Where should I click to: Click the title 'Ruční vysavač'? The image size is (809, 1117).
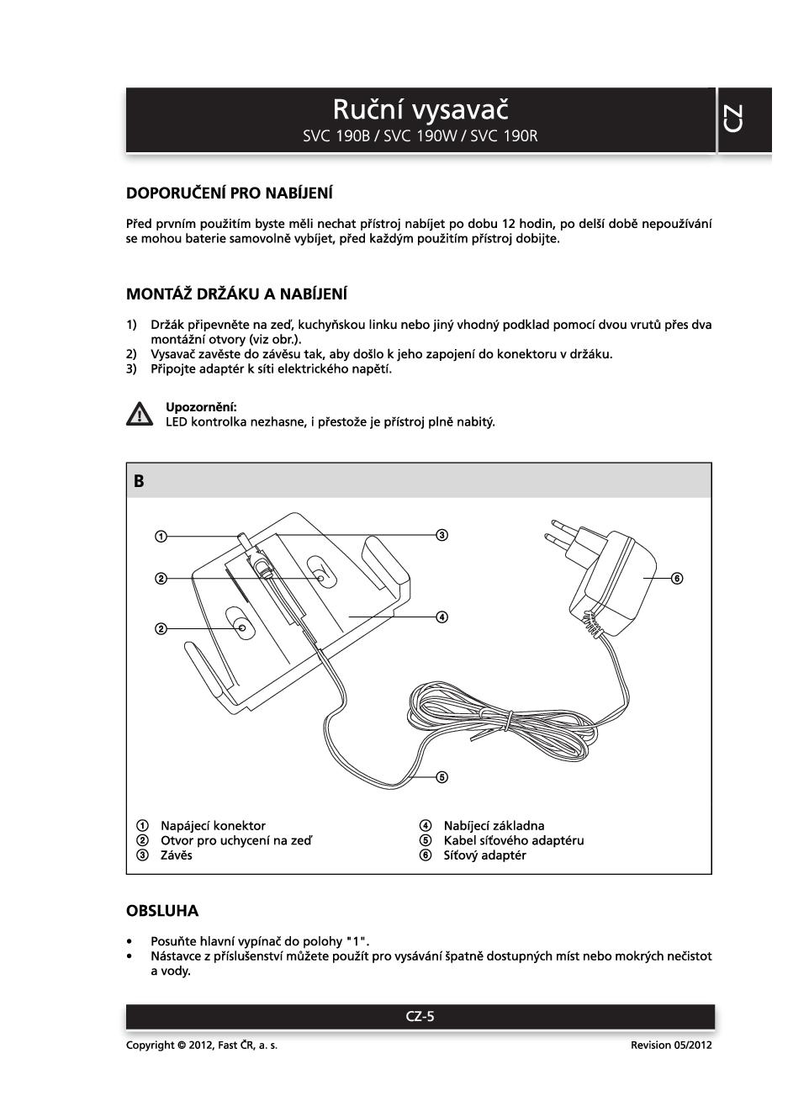pyautogui.click(x=420, y=109)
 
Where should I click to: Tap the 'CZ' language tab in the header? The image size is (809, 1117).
pyautogui.click(x=733, y=119)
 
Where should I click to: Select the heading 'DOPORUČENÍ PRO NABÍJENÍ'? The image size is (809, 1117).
pyautogui.click(x=229, y=193)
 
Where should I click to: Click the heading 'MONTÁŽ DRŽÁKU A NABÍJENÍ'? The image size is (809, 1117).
pyautogui.click(x=236, y=294)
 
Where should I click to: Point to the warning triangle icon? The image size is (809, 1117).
pyautogui.click(x=139, y=414)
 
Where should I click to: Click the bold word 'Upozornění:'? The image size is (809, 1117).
pyautogui.click(x=201, y=407)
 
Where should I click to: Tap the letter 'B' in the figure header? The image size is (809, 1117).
pyautogui.click(x=139, y=481)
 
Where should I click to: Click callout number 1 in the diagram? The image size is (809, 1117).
pyautogui.click(x=161, y=536)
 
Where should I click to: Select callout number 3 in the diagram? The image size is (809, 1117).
pyautogui.click(x=442, y=535)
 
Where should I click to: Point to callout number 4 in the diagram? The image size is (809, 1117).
pyautogui.click(x=442, y=617)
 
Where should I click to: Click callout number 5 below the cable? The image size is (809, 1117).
pyautogui.click(x=442, y=776)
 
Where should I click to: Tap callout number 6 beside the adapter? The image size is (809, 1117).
pyautogui.click(x=677, y=578)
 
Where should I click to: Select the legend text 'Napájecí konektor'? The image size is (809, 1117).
pyautogui.click(x=213, y=826)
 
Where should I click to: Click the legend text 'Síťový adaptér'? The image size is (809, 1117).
pyautogui.click(x=484, y=855)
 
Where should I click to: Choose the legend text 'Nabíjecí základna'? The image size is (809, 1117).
pyautogui.click(x=494, y=826)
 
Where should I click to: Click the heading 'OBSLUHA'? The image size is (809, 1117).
pyautogui.click(x=162, y=911)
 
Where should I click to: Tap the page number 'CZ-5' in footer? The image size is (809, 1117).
pyautogui.click(x=420, y=1016)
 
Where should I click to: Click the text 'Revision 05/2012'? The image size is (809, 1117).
pyautogui.click(x=671, y=1045)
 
